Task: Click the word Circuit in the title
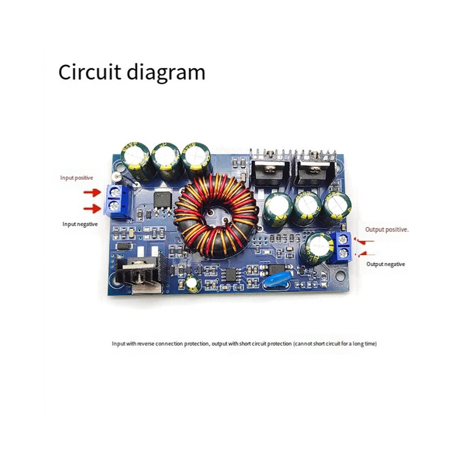click(90, 72)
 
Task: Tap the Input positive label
click(77, 178)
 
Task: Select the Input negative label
click(80, 224)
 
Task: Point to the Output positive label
click(387, 229)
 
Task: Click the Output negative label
click(386, 264)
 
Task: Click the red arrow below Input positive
click(92, 193)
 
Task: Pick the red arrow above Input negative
click(92, 209)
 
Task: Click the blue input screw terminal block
click(116, 201)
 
